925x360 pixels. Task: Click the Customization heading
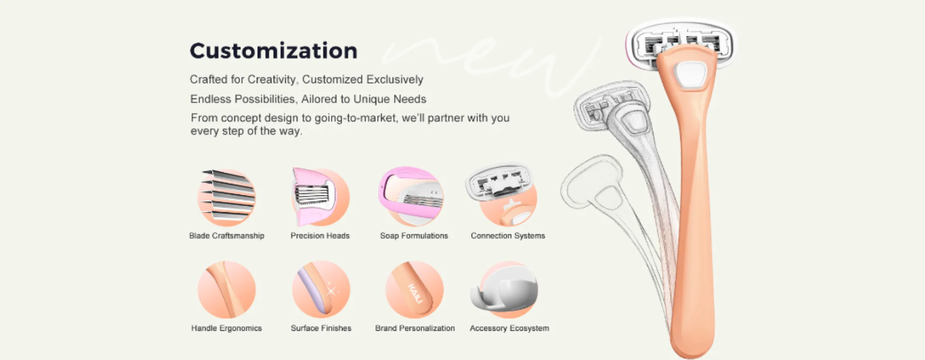point(273,51)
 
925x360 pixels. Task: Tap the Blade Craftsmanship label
point(227,236)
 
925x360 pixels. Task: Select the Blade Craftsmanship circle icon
point(226,196)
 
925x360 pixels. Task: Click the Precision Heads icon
point(320,196)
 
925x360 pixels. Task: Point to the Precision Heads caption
point(320,236)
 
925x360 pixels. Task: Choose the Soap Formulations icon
point(411,196)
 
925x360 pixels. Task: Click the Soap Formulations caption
point(414,236)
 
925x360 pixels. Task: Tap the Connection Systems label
point(508,236)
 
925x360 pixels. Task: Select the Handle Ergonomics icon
point(226,290)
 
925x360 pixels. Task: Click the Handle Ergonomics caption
point(226,328)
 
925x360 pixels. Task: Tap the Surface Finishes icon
point(321,290)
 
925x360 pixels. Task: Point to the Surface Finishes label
point(321,328)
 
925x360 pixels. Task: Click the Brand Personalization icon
point(414,290)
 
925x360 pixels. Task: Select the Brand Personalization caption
point(415,328)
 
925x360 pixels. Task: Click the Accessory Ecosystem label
point(509,328)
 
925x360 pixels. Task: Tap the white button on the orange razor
point(690,75)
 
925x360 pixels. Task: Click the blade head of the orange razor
point(680,44)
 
